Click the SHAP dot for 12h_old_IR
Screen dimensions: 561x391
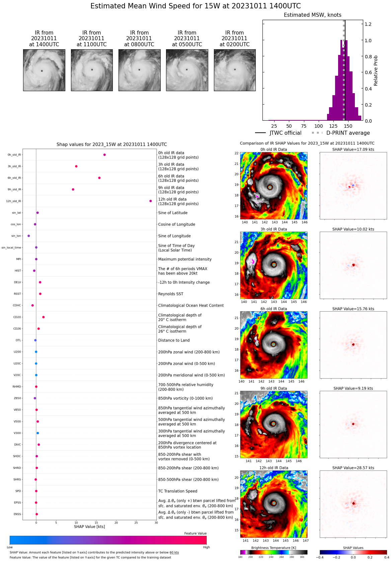(151, 201)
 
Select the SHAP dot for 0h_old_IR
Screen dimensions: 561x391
(104, 155)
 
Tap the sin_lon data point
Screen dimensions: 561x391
(28, 236)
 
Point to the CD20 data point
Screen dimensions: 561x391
(44, 317)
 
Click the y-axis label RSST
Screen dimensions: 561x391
(17, 294)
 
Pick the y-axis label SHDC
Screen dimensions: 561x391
(17, 456)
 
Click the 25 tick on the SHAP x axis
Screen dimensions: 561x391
(136, 522)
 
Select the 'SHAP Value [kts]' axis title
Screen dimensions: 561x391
(89, 527)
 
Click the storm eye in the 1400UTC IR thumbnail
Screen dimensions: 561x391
(42, 71)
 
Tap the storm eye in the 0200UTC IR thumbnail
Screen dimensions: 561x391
(235, 70)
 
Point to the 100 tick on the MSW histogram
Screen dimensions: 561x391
(318, 126)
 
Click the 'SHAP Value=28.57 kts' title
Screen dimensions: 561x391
(353, 468)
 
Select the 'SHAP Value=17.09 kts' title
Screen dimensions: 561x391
(353, 149)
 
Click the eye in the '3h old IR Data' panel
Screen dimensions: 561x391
(274, 265)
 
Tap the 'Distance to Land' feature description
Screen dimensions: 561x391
(174, 340)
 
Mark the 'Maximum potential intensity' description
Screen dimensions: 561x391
(185, 259)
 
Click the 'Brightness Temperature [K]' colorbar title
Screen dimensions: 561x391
(273, 548)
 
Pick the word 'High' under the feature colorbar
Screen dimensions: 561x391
(206, 547)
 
